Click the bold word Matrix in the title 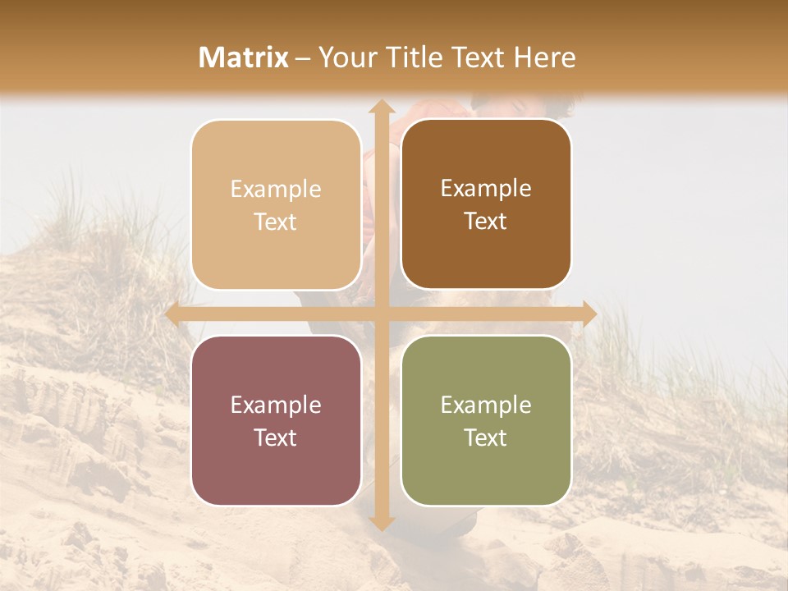pyautogui.click(x=244, y=57)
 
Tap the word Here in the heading pyautogui.click(x=544, y=57)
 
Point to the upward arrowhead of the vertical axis pyautogui.click(x=381, y=107)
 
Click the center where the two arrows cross pyautogui.click(x=381, y=314)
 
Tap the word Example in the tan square pyautogui.click(x=276, y=189)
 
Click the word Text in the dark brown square pyautogui.click(x=486, y=222)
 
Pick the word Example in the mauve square pyautogui.click(x=276, y=405)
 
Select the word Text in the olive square pyautogui.click(x=486, y=438)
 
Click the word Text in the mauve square pyautogui.click(x=276, y=438)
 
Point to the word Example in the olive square pyautogui.click(x=486, y=405)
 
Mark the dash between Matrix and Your pyautogui.click(x=303, y=57)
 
